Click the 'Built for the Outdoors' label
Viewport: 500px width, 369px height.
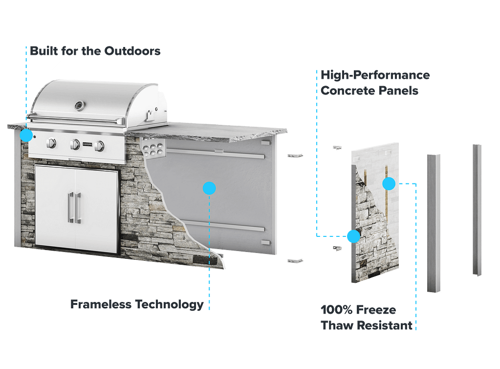pyautogui.click(x=95, y=50)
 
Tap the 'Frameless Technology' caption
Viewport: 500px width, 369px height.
pyautogui.click(x=136, y=304)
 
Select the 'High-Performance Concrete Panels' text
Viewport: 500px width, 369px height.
pyautogui.click(x=375, y=83)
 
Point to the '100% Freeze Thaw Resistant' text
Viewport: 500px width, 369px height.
pyautogui.click(x=367, y=318)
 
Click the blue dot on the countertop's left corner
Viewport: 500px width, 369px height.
pyautogui.click(x=26, y=135)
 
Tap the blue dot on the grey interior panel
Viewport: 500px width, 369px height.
pyautogui.click(x=209, y=188)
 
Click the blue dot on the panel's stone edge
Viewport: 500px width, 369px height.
pyautogui.click(x=353, y=236)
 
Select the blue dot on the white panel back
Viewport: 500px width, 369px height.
pyautogui.click(x=389, y=184)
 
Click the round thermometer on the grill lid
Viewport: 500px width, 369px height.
pyautogui.click(x=79, y=105)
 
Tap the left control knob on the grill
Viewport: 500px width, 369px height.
pyautogui.click(x=51, y=143)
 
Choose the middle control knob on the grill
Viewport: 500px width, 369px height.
pyautogui.click(x=75, y=144)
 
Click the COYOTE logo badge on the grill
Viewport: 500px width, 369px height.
pyautogui.click(x=87, y=144)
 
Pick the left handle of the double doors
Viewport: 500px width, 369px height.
pyautogui.click(x=71, y=208)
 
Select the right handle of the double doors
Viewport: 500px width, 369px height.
pyautogui.click(x=78, y=208)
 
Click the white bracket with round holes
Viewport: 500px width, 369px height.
pyautogui.click(x=153, y=146)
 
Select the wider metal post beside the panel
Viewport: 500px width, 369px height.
pyautogui.click(x=434, y=223)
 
